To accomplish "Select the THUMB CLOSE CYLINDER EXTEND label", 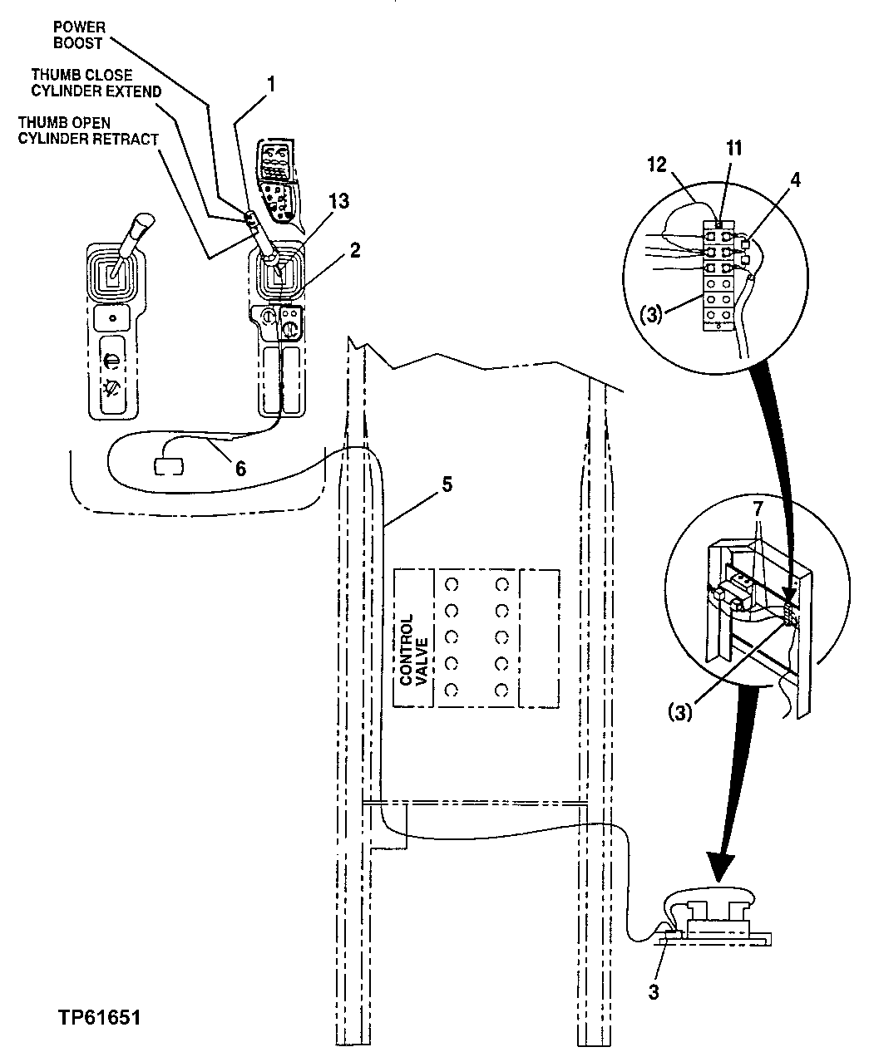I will (96, 82).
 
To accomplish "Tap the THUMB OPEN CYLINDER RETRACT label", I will (88, 130).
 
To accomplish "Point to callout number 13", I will (338, 201).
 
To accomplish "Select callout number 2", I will (355, 250).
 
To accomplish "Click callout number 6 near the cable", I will (240, 469).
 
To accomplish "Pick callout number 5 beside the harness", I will (447, 484).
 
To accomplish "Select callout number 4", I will (796, 180).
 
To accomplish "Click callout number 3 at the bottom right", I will (654, 992).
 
